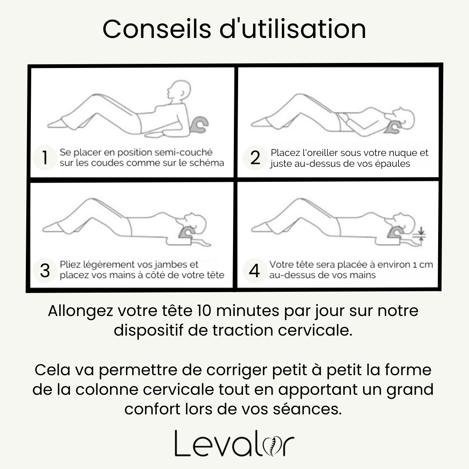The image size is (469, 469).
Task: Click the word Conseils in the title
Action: pos(157,29)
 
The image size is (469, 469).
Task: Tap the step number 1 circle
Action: pos(45,158)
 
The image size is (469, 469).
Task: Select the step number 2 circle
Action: pos(255,158)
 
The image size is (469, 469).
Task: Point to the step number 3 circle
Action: pos(45,271)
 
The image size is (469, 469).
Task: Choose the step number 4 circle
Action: pos(255,271)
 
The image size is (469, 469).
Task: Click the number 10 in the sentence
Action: pos(204,311)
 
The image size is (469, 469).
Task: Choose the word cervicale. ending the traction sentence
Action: pos(315,331)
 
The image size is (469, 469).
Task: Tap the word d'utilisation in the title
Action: pos(293,29)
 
